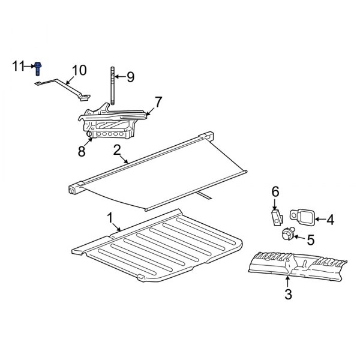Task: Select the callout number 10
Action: (79, 71)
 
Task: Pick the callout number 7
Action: (158, 102)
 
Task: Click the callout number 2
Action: (118, 149)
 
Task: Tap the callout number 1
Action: (110, 216)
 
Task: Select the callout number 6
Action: (275, 191)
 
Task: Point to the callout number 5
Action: (310, 240)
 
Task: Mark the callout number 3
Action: (288, 294)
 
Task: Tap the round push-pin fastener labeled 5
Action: (287, 233)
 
